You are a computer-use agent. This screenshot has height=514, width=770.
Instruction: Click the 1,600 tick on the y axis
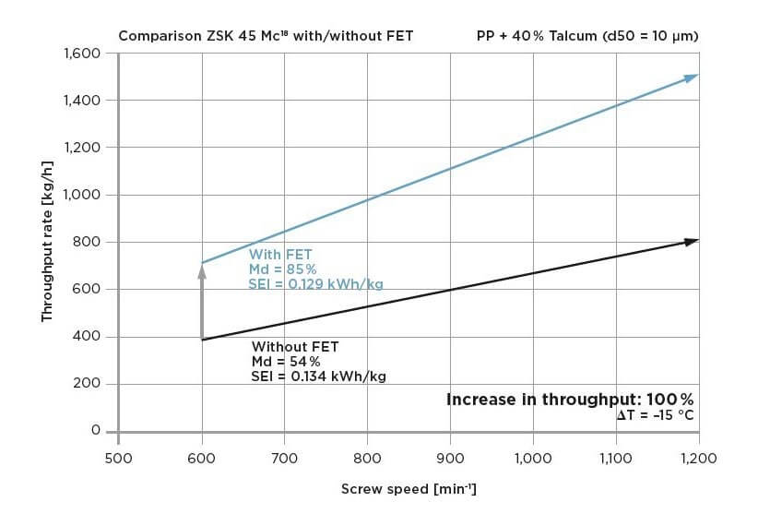point(81,54)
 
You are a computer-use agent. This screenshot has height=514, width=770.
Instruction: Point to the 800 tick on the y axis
point(88,243)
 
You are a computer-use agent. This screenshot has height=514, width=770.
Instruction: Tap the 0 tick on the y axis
point(95,431)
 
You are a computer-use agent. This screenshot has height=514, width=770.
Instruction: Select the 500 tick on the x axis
point(118,457)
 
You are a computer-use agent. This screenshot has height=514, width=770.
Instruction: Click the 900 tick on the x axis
point(450,457)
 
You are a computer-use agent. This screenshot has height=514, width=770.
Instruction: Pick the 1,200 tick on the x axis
point(698,457)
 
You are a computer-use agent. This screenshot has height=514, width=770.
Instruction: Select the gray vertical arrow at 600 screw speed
point(202,300)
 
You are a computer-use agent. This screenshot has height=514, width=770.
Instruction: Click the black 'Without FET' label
point(295,347)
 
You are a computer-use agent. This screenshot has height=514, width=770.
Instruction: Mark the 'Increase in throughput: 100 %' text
point(570,400)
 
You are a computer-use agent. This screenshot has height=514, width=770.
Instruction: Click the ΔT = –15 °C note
point(656,416)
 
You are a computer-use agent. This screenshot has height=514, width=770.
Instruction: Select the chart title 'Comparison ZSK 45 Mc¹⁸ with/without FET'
point(266,37)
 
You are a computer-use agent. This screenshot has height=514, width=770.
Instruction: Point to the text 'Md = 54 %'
point(286,362)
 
